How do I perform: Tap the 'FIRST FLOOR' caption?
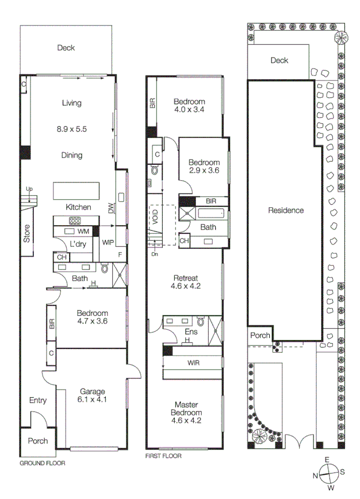coord(163,456)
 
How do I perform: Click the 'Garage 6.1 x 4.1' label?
coord(92,395)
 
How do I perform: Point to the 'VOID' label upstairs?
coord(155,218)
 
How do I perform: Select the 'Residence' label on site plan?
coord(286,210)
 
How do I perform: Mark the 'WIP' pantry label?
coord(108,243)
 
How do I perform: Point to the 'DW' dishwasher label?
coord(111,209)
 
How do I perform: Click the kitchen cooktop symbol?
coord(75,220)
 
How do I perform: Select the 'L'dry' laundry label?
coord(78,244)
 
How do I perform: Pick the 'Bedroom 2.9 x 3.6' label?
coord(204,166)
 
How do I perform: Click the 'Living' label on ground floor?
coord(72,103)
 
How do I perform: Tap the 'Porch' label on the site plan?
coord(259,336)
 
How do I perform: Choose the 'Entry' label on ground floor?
coord(38,401)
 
